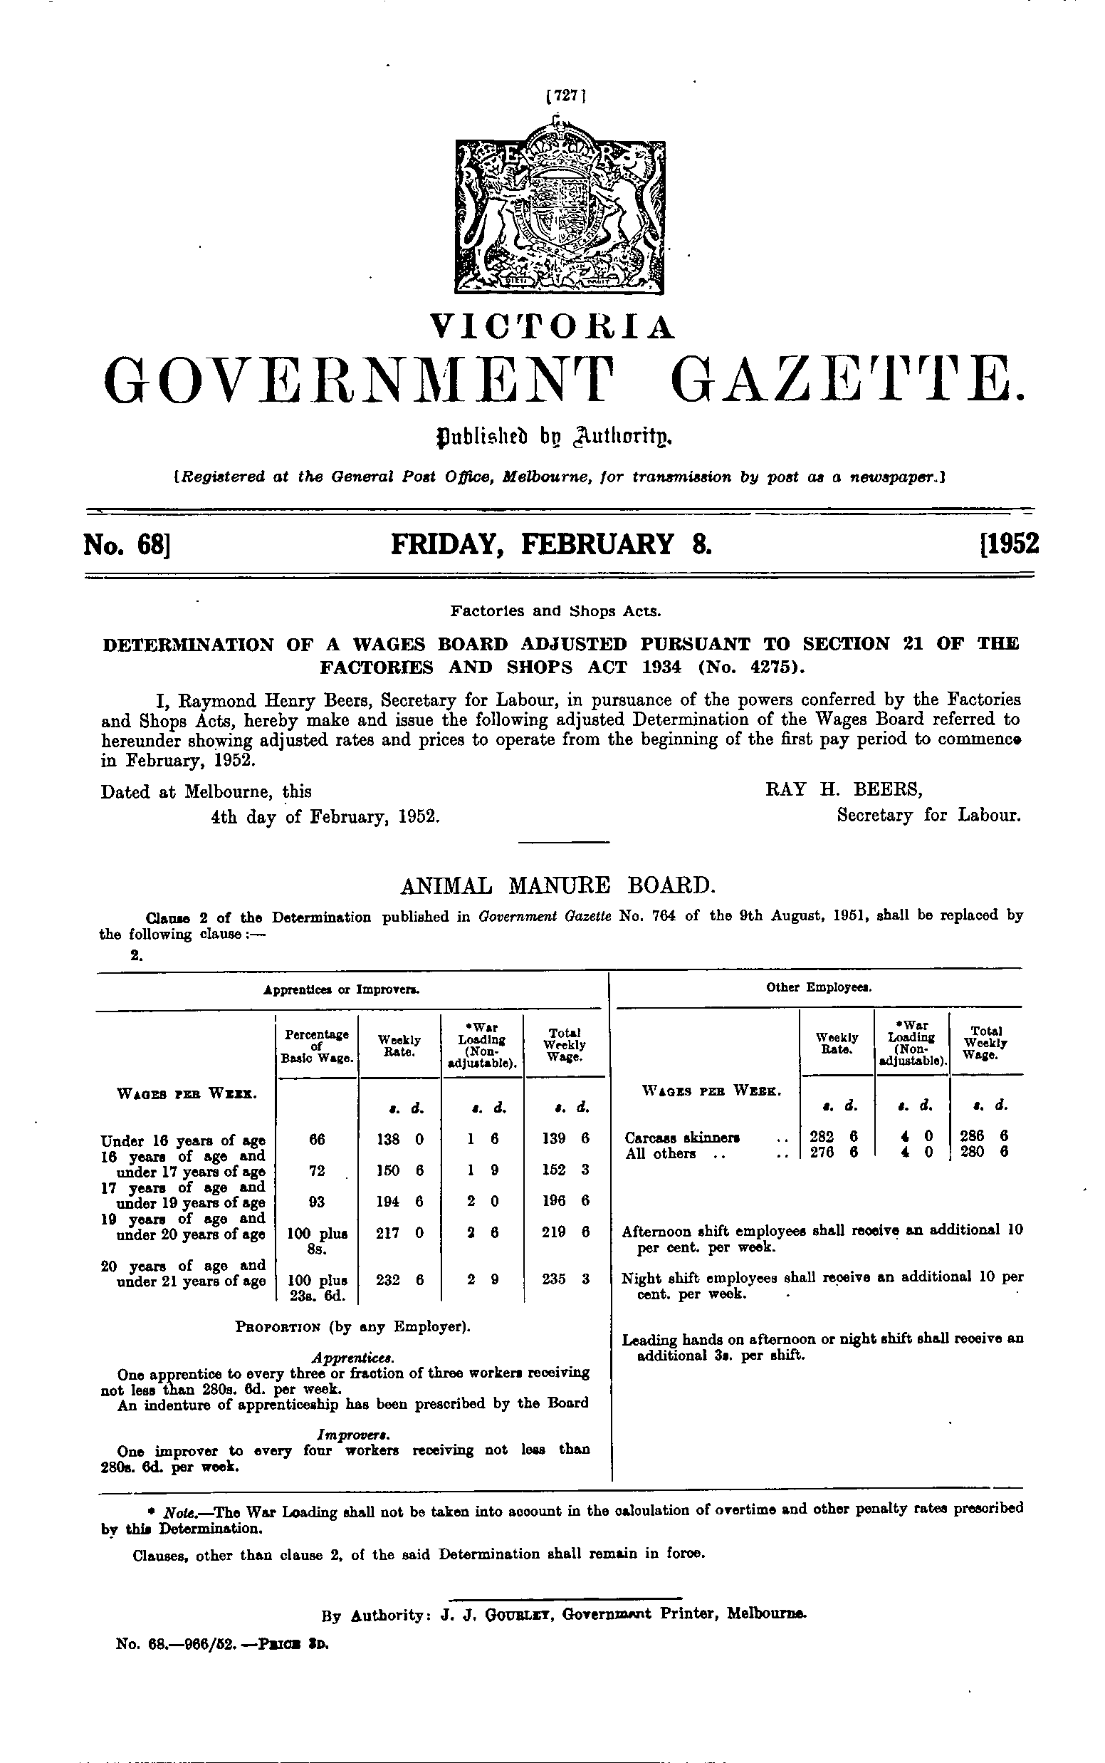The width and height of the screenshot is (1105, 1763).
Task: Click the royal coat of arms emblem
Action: point(560,209)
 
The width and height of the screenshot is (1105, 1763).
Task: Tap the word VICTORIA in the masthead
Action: point(552,328)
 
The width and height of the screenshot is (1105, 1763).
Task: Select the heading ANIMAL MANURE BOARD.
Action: point(558,886)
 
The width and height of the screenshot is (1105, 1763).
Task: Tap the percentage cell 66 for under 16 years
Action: point(316,1139)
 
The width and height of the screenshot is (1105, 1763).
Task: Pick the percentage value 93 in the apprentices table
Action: point(316,1201)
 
